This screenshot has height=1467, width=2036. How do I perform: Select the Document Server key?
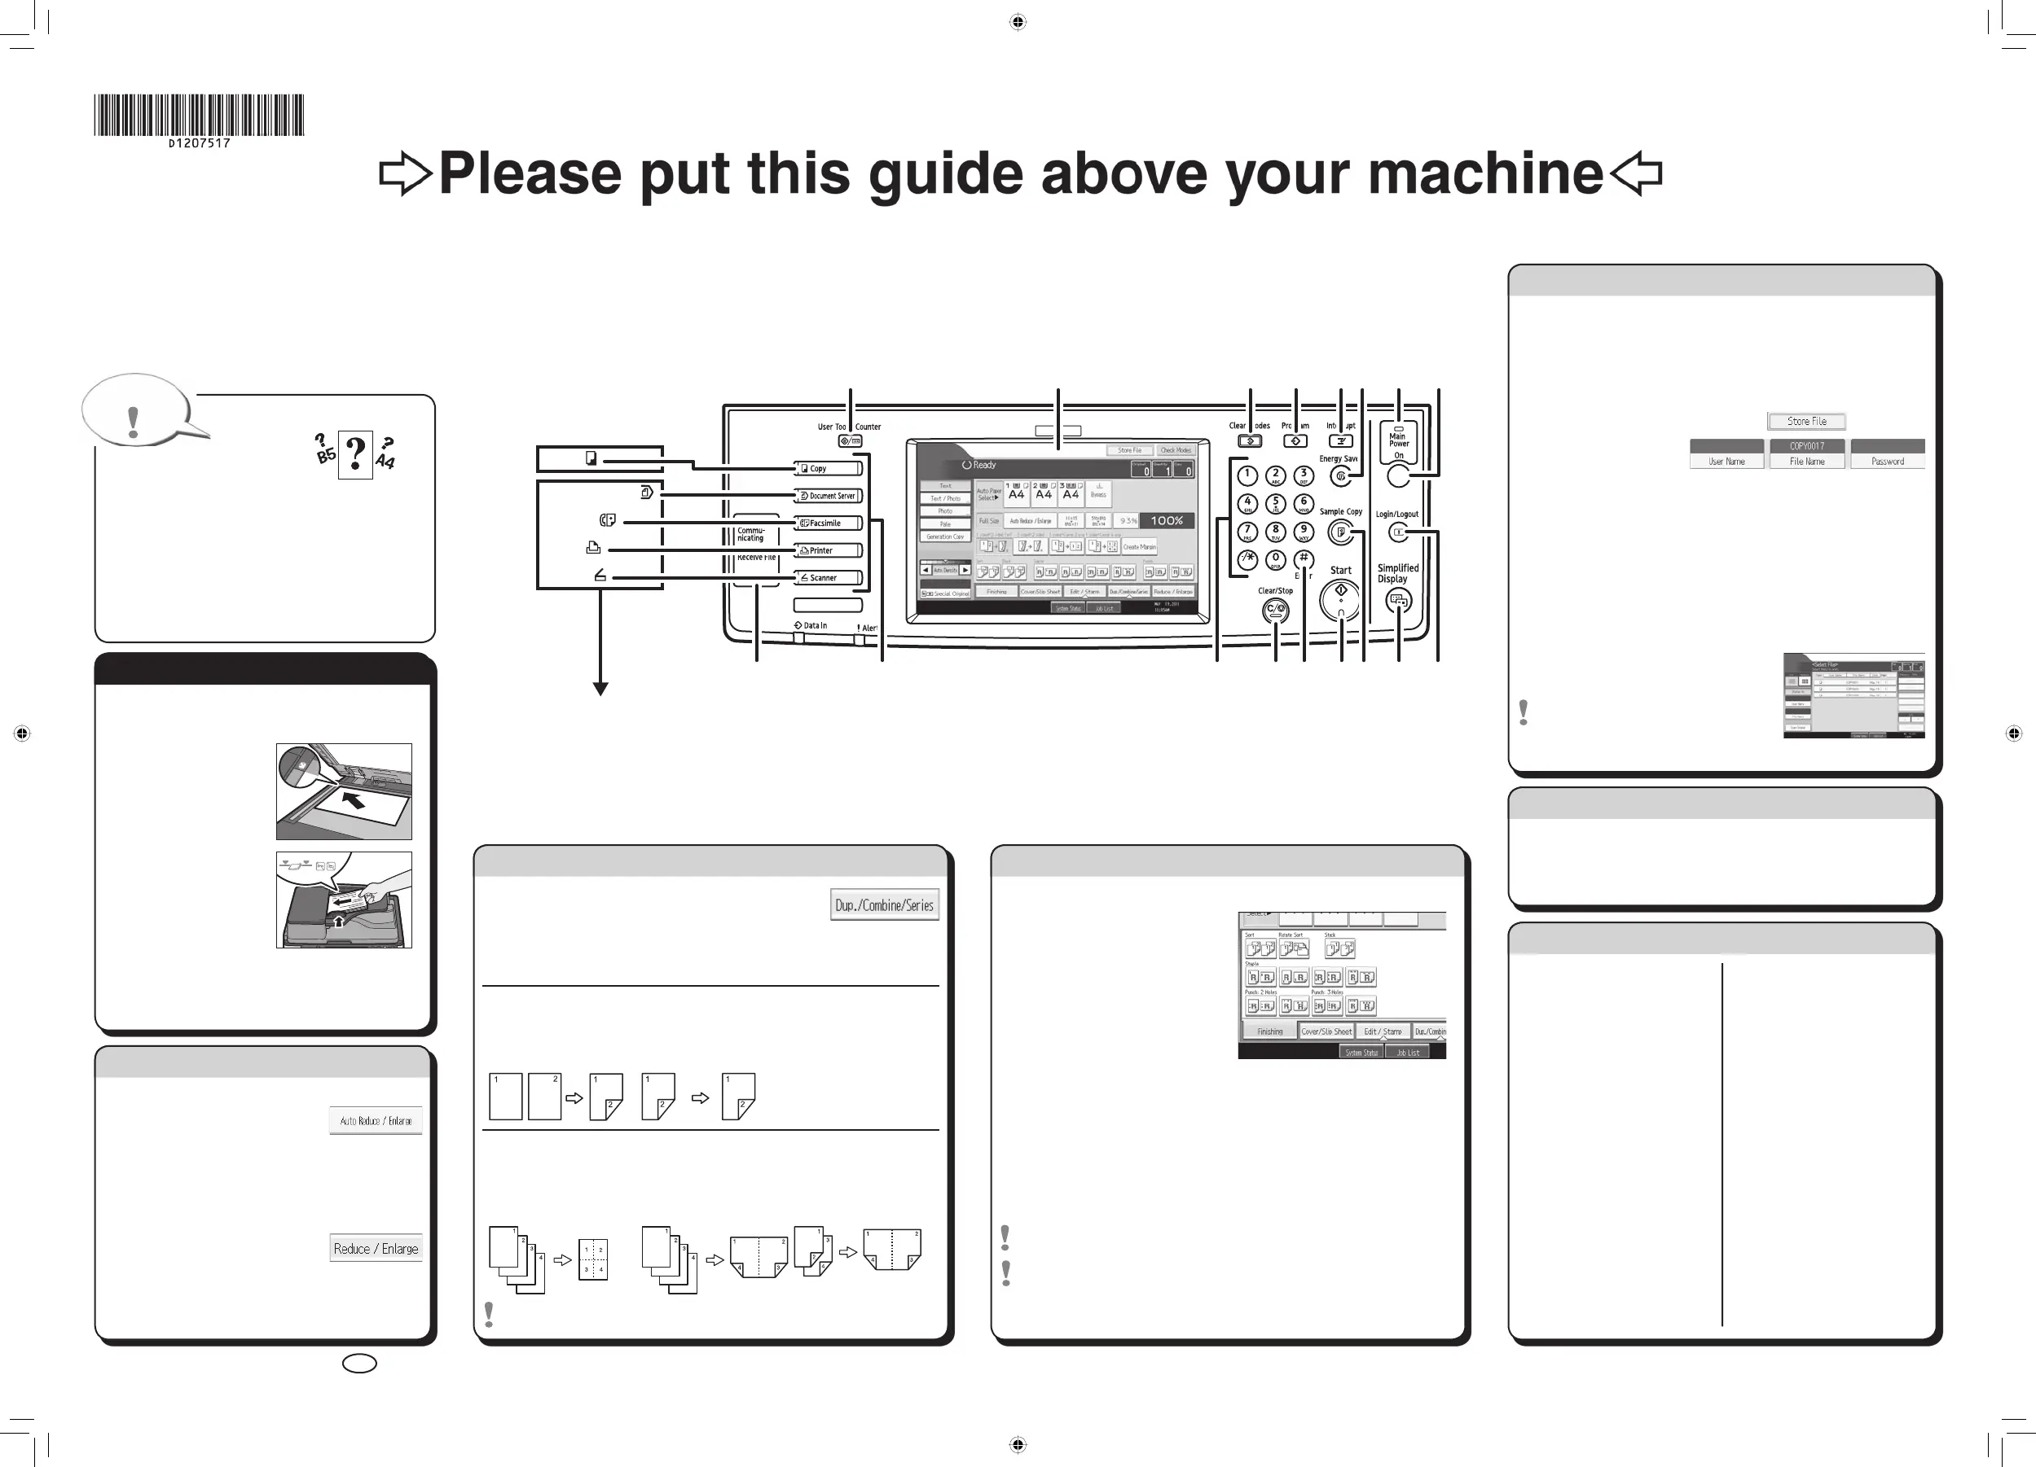pos(829,495)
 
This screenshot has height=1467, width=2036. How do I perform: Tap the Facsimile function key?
pos(829,523)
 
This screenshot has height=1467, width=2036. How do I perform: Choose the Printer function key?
pos(829,550)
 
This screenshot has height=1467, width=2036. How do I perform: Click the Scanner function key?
pos(829,578)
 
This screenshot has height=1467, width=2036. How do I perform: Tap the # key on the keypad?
pos(1304,559)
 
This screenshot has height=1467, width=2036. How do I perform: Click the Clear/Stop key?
pos(1275,611)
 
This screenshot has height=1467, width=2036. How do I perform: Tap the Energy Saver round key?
pos(1340,476)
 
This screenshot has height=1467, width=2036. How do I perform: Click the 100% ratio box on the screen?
pos(1166,520)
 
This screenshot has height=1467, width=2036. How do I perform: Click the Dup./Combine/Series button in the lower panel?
pos(884,905)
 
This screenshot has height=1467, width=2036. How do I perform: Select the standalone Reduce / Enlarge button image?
pos(376,1248)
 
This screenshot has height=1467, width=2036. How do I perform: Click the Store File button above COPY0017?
pos(1806,421)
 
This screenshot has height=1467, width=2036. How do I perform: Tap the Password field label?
pos(1887,462)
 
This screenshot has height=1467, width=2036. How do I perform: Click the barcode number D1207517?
pos(200,142)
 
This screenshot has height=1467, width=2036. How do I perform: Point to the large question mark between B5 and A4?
pos(355,454)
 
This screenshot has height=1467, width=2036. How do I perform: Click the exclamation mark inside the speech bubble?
pos(134,421)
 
